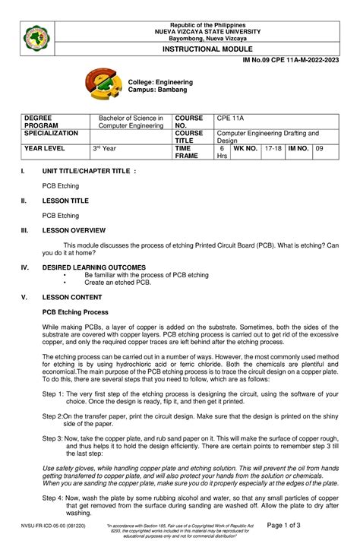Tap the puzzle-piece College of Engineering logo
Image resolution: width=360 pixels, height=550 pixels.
click(104, 85)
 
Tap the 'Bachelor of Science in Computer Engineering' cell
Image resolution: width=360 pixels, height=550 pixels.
click(128, 122)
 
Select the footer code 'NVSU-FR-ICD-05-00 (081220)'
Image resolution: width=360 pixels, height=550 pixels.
click(53, 525)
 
